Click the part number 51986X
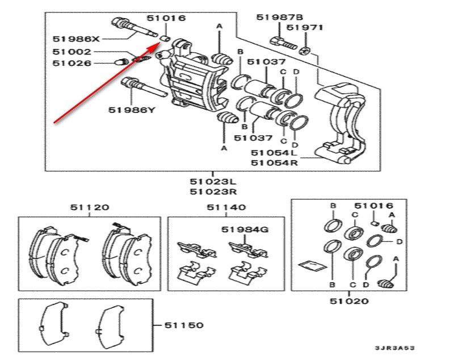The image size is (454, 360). [76, 39]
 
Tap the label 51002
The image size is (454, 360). [72, 52]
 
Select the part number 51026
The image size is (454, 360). [72, 63]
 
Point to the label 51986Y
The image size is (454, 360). [132, 110]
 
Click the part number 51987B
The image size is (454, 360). [280, 18]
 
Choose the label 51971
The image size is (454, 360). [305, 27]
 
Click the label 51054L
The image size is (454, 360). [274, 153]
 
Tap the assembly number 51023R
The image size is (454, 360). [213, 192]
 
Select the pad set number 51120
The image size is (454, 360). [90, 207]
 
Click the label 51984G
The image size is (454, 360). [245, 229]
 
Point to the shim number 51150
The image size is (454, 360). [184, 325]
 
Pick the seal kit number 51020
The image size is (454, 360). [349, 301]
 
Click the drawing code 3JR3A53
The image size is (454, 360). [395, 348]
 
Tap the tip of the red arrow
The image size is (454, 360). [161, 43]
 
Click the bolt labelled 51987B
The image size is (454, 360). [284, 43]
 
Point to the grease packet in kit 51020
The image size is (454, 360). [313, 265]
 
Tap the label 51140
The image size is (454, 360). [226, 207]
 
